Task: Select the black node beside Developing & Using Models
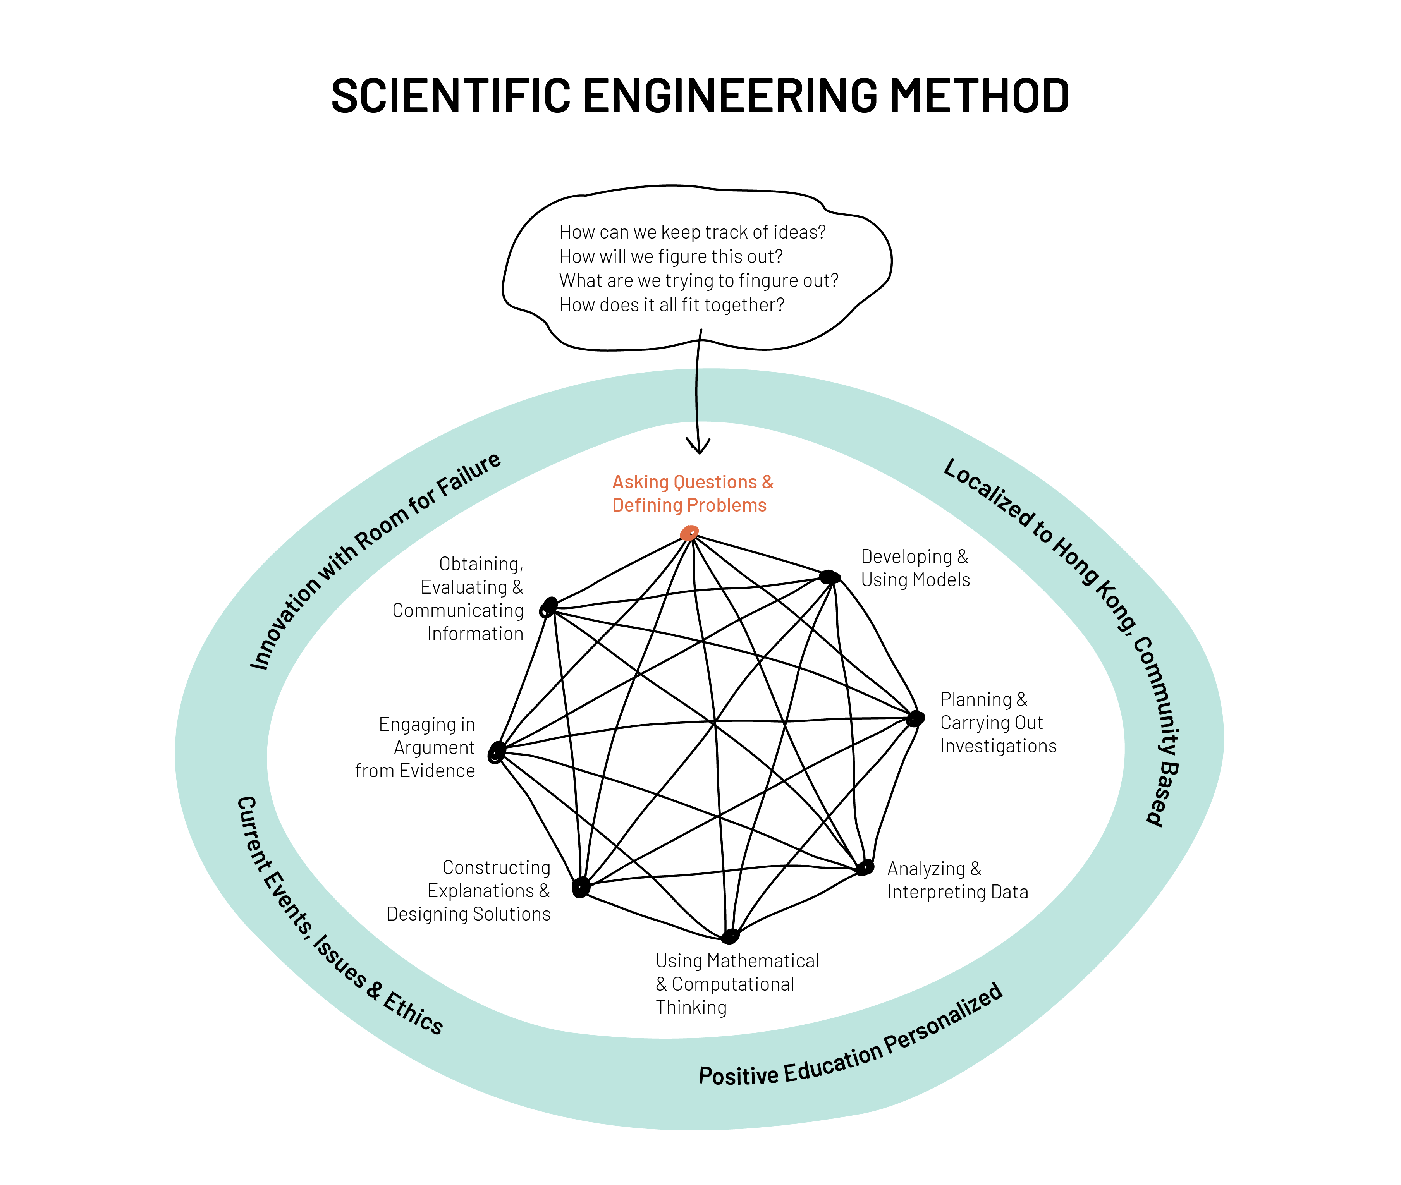(830, 576)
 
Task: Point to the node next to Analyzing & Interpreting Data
(865, 867)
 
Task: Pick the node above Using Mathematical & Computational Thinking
(730, 935)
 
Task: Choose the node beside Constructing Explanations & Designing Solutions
(581, 887)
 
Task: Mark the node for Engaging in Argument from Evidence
(497, 752)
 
